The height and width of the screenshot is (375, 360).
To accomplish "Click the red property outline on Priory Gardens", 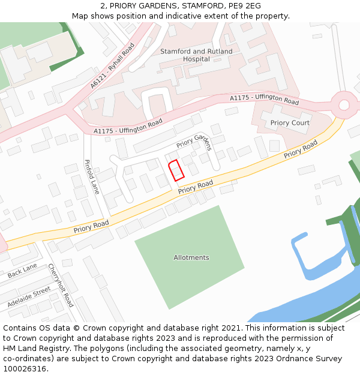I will (x=176, y=171).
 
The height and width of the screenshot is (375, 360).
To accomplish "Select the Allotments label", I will (x=191, y=257).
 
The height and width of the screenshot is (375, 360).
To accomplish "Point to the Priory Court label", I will (x=290, y=123).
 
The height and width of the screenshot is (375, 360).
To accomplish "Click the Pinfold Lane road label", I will (x=92, y=176).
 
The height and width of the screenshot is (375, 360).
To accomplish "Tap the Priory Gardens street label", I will (x=194, y=142).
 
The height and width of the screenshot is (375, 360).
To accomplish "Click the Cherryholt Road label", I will (x=61, y=285).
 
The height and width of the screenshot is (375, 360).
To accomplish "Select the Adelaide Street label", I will (x=29, y=298).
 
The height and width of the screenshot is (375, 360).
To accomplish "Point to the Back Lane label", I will (x=22, y=271).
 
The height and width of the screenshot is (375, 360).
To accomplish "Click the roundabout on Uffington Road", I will (x=344, y=105).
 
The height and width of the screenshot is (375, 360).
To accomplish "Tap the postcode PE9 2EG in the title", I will (x=244, y=5).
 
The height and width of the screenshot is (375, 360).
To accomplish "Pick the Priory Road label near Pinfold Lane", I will (x=91, y=226).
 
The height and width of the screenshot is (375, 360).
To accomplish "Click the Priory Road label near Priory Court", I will (x=301, y=149).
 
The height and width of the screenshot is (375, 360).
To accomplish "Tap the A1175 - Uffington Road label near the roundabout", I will (x=265, y=99).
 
